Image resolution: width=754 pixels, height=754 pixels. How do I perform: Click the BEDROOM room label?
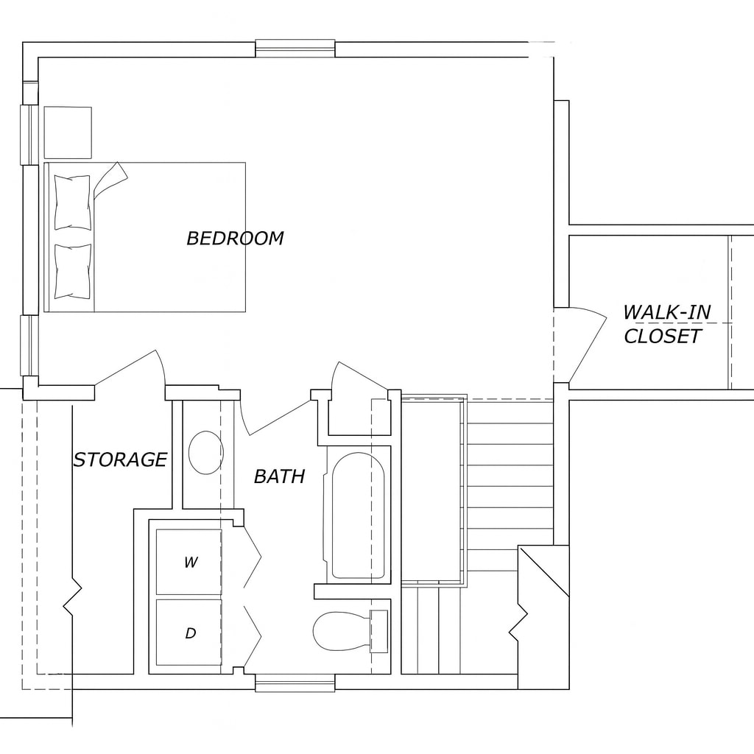pos(235,239)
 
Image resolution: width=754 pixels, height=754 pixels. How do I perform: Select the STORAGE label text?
pos(120,459)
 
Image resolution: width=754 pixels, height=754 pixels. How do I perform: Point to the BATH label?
pos(279,476)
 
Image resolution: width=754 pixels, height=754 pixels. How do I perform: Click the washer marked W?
pos(189,562)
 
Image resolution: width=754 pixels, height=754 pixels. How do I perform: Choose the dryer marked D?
pos(189,633)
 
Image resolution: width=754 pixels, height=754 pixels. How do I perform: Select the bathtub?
pos(357,515)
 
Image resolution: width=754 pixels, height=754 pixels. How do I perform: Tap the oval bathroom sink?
pos(205,453)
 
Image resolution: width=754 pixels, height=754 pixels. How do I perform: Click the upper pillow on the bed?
pos(72,202)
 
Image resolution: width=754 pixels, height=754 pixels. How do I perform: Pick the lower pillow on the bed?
pos(72,271)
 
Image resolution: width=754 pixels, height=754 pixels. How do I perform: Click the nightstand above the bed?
pos(68,133)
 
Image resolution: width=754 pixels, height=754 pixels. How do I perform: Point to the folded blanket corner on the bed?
pos(110,177)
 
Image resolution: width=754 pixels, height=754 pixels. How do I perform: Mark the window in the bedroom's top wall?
pos(295,49)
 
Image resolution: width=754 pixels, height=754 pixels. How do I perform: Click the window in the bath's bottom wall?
pos(295,684)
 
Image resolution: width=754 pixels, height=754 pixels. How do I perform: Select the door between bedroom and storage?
pos(129,368)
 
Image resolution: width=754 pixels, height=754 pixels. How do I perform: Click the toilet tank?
pos(378,632)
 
